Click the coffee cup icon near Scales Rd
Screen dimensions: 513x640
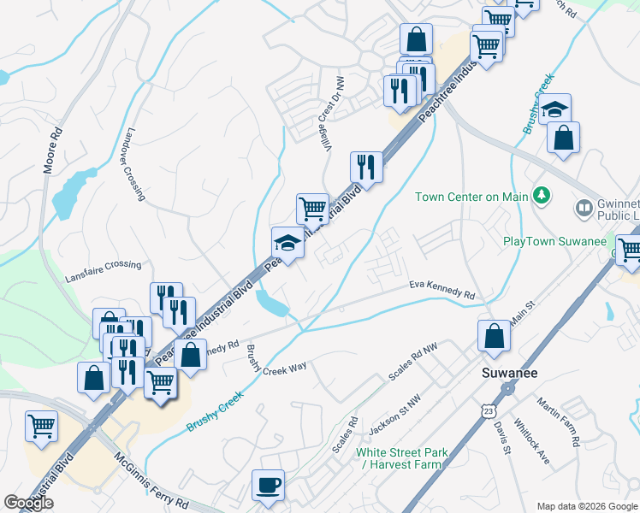tap(268, 486)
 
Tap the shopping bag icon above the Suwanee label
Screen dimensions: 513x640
tap(494, 336)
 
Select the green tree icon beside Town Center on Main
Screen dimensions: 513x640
tap(540, 197)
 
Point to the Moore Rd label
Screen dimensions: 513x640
tap(51, 150)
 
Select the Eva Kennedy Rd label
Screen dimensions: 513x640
tap(441, 289)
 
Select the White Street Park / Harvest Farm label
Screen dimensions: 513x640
tap(400, 458)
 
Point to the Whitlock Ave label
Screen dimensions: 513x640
tap(530, 439)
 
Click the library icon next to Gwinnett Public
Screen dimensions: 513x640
tap(584, 208)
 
